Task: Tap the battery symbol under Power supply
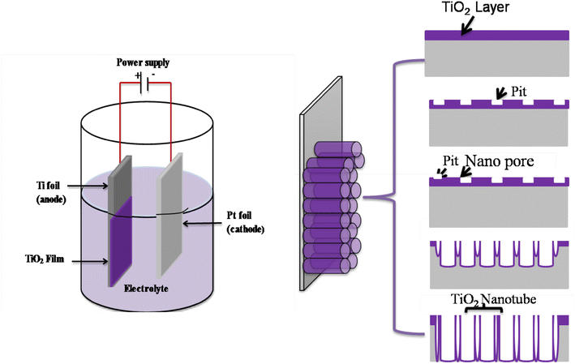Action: click(x=145, y=79)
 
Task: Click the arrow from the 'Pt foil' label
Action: click(x=195, y=217)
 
